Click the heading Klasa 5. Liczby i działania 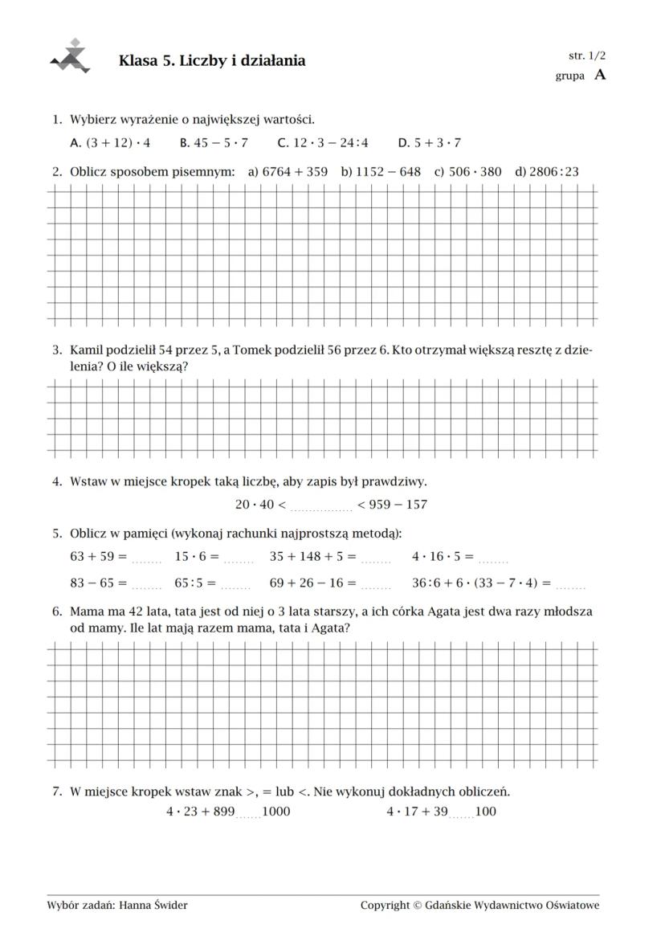click(212, 61)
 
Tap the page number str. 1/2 click(587, 55)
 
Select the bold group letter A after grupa click(599, 76)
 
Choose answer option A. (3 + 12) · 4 click(111, 143)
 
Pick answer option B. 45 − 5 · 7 click(214, 143)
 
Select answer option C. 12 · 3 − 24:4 click(323, 143)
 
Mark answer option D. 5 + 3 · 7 click(430, 143)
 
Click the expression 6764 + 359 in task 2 click(296, 171)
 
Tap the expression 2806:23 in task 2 click(554, 171)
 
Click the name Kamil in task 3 click(88, 350)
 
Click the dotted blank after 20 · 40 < click(321, 506)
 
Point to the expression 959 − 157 click(398, 505)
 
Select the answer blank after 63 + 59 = click(147, 558)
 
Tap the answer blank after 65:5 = click(237, 585)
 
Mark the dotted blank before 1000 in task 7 click(249, 813)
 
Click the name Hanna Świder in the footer click(153, 906)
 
